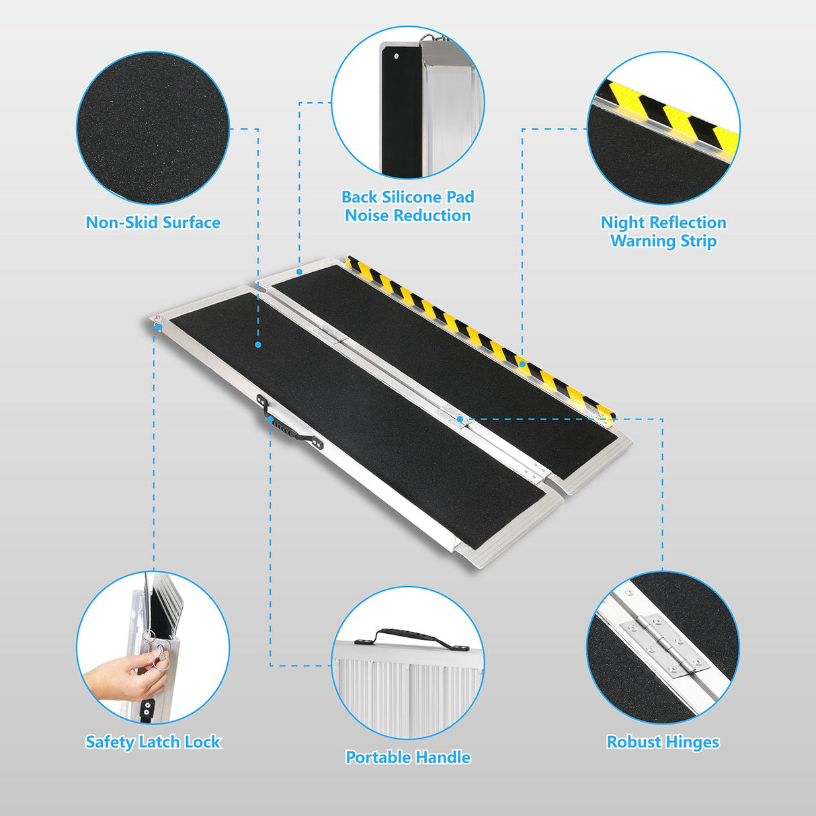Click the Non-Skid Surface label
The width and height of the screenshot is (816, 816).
[x=153, y=222]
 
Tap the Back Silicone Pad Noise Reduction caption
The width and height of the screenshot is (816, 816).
[x=407, y=206]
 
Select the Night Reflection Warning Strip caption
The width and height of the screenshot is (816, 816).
[x=663, y=231]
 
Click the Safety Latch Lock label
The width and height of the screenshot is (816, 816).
[x=153, y=742]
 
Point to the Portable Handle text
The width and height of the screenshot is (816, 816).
[x=407, y=757]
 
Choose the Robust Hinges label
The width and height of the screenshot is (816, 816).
[x=663, y=742]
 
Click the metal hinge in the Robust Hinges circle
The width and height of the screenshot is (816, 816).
[x=664, y=645]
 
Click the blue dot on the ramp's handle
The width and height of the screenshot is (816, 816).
[x=270, y=419]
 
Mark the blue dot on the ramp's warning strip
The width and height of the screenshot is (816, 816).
[x=522, y=364]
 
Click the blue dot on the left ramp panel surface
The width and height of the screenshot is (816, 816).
[x=258, y=344]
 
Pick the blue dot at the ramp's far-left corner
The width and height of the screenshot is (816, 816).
[x=159, y=327]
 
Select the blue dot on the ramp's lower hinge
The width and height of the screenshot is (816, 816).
[x=460, y=419]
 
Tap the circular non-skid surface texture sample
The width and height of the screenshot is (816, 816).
[x=153, y=128]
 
